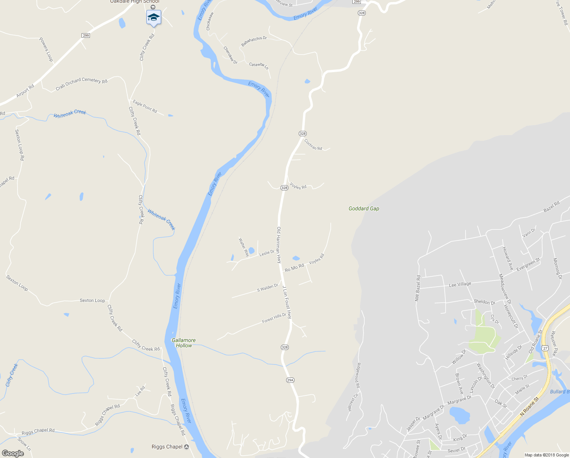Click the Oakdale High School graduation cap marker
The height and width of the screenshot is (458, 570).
click(x=154, y=17)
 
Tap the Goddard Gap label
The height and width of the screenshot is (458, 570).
click(x=364, y=208)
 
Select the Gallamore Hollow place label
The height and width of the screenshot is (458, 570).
click(x=184, y=343)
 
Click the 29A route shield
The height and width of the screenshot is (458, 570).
click(x=290, y=380)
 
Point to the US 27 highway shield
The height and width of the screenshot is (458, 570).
click(x=545, y=348)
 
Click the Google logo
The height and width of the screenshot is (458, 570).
click(x=13, y=453)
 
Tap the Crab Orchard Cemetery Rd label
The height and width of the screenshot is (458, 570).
click(x=82, y=84)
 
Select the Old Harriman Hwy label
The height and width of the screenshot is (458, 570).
click(x=279, y=245)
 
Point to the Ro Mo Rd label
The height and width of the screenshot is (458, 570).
click(x=295, y=268)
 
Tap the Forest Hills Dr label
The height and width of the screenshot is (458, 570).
click(x=274, y=318)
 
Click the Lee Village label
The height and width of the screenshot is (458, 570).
click(x=460, y=284)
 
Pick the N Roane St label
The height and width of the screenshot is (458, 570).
click(x=530, y=406)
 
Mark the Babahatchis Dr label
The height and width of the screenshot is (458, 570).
click(x=254, y=41)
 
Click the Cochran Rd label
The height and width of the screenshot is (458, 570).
click(x=313, y=145)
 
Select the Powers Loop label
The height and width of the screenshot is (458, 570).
click(x=46, y=49)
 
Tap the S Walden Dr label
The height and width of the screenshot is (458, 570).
click(x=267, y=287)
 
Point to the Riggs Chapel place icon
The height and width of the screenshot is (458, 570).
click(x=186, y=447)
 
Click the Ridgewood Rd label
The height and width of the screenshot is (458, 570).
click(x=358, y=375)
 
